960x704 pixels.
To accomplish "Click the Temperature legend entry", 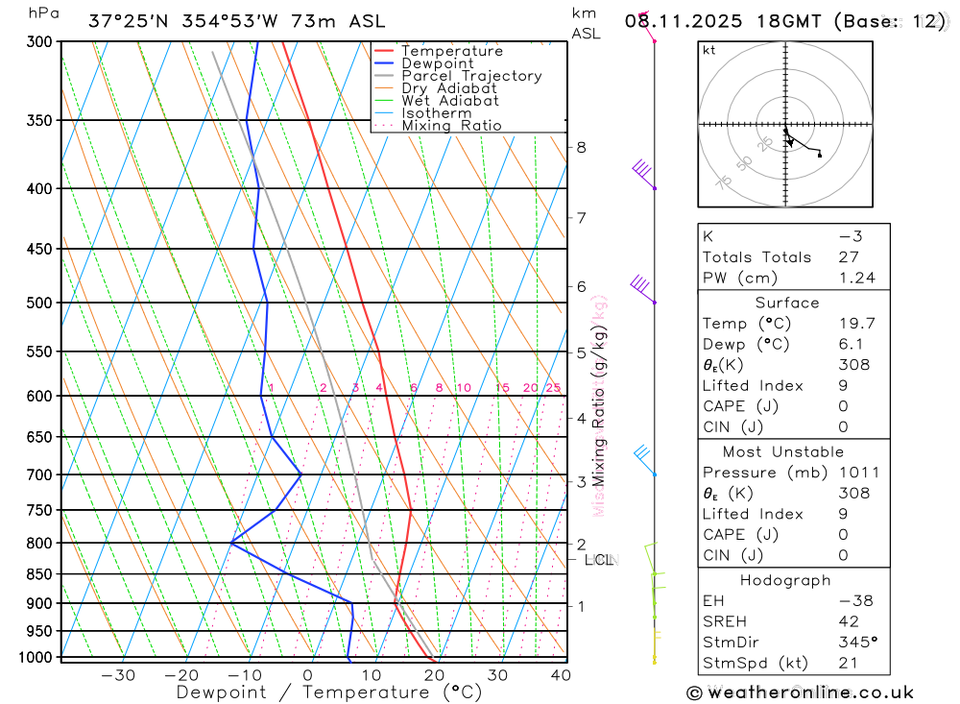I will click(x=451, y=51).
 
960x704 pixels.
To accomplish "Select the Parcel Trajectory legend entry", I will click(x=471, y=76).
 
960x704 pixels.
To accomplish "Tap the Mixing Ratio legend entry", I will click(x=451, y=126).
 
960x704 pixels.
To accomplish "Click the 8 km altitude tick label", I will click(x=581, y=147).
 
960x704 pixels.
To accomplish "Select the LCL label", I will click(x=598, y=559).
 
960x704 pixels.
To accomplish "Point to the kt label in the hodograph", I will click(x=709, y=50).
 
